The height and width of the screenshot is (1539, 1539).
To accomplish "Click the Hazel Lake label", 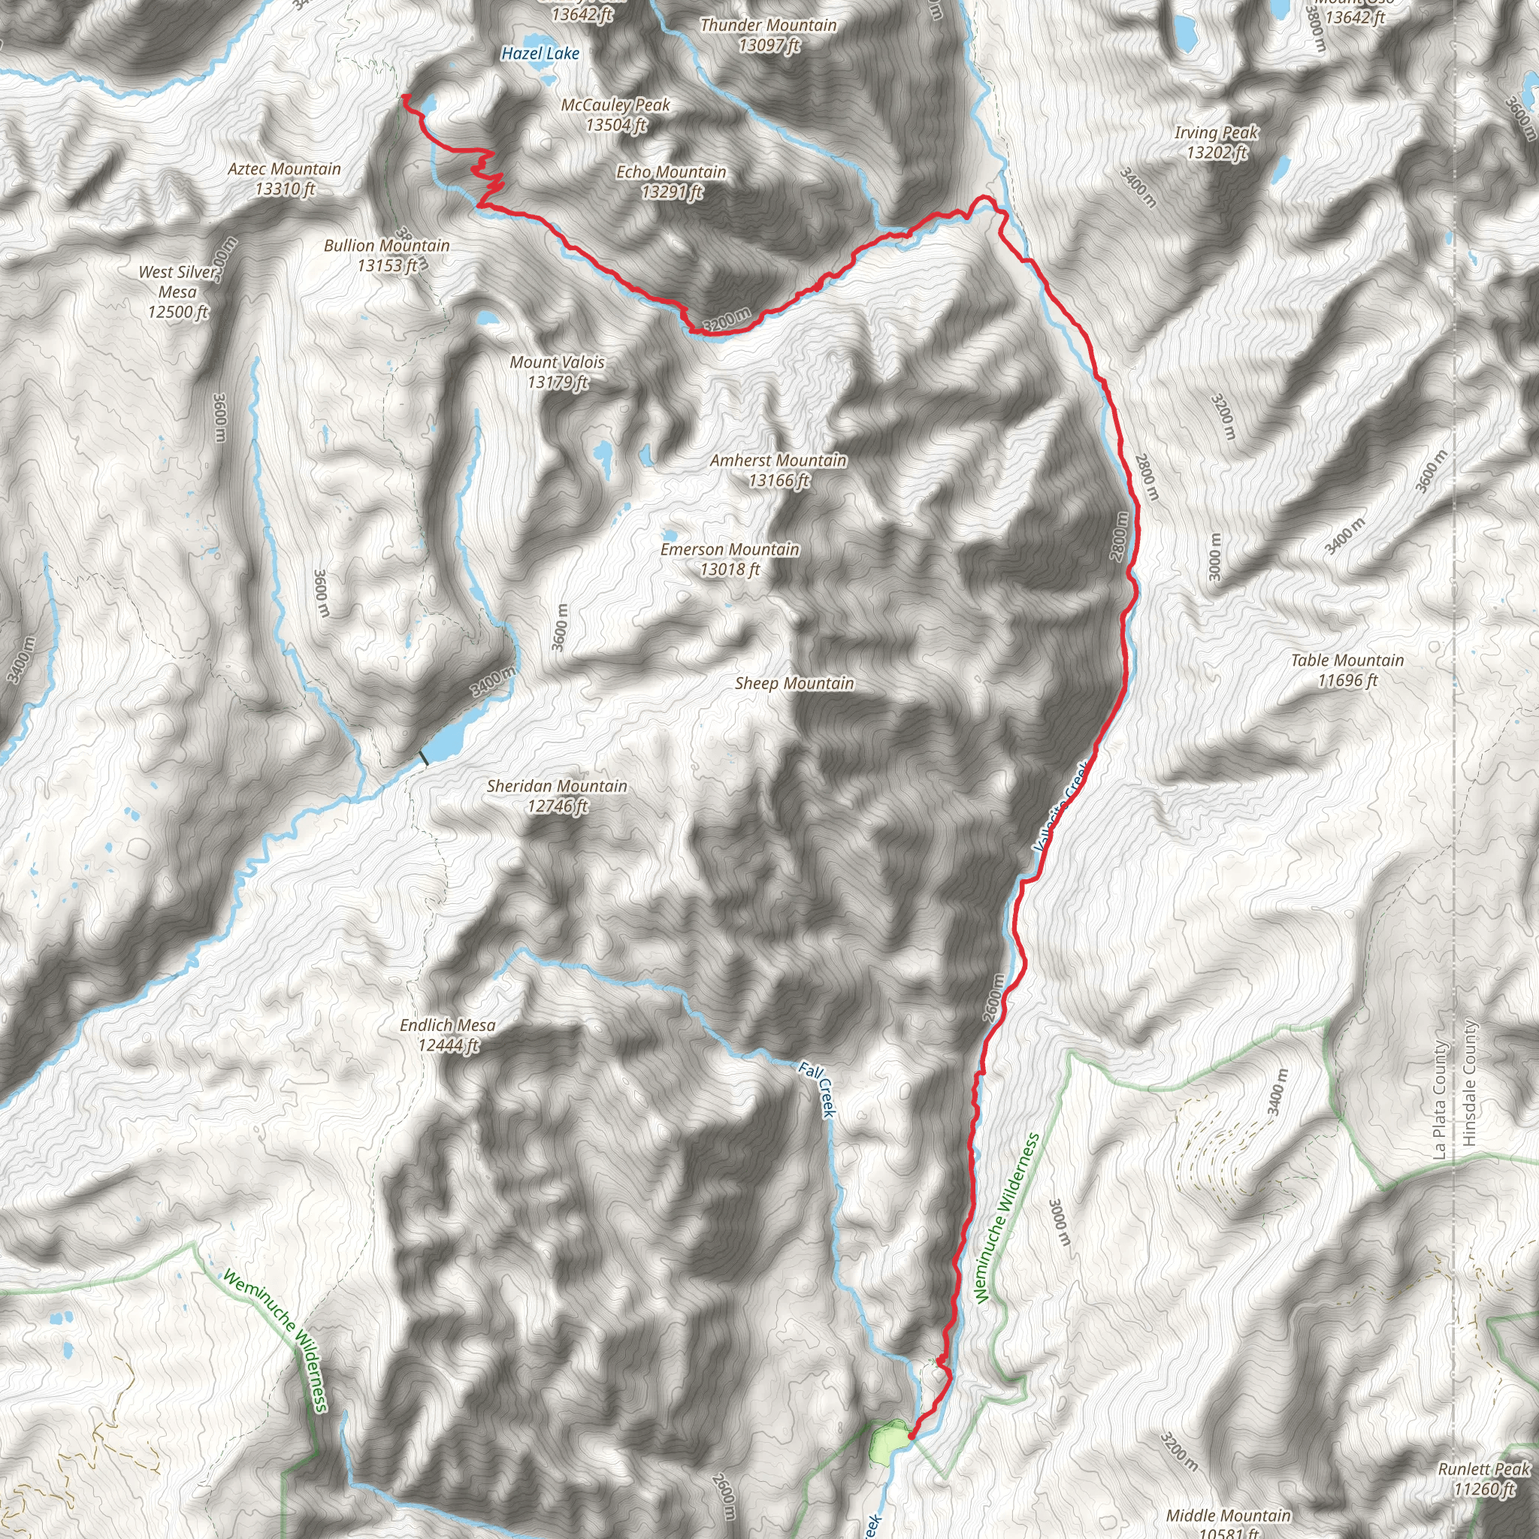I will point(540,53).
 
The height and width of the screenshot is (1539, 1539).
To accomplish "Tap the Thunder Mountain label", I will point(768,35).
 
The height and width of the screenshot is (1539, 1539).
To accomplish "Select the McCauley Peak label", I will point(615,115).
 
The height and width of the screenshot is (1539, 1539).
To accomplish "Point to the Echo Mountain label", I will point(672,182).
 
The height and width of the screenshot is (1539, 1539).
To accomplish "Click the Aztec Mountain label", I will point(284,178).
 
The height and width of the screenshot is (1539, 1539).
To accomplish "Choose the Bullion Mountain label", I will point(386,255).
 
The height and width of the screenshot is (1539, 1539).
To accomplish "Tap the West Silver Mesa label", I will point(177,292).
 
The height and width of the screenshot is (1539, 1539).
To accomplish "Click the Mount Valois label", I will point(557,372).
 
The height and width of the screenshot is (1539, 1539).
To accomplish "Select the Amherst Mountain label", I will point(779,470).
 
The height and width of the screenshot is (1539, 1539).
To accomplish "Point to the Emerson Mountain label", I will point(730,559).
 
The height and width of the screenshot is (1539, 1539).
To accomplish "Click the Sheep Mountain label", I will point(794,684).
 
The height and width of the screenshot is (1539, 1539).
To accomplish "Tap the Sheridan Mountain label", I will point(557,796).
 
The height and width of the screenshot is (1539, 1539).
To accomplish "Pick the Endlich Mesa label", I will point(448,1035).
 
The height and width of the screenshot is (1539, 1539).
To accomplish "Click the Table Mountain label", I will point(1347,670).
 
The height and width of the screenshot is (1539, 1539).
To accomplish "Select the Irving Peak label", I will point(1217,142).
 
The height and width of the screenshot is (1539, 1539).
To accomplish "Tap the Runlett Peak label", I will point(1484,1478).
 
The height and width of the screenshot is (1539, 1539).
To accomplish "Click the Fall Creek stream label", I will point(818,1090).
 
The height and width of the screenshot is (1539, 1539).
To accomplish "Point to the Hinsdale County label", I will point(1470,1084).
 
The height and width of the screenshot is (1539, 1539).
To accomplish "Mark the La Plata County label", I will point(1438,1099).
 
